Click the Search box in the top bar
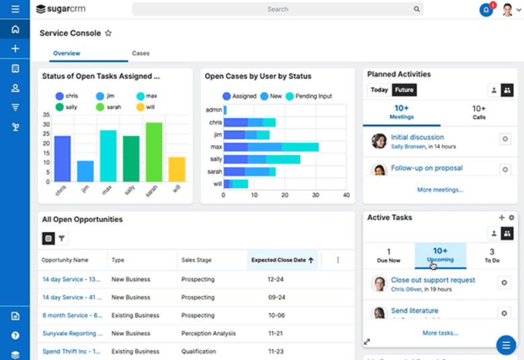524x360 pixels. coord(277,9)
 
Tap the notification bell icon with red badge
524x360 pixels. coord(485,10)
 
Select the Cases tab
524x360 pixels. coord(141,53)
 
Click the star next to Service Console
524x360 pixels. coord(108,33)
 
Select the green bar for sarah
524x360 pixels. coord(154,152)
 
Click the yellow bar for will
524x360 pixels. coord(177,169)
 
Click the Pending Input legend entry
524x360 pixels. coord(309,96)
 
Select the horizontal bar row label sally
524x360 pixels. coord(216,159)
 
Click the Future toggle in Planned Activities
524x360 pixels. coord(404,90)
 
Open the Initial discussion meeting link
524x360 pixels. coord(417,137)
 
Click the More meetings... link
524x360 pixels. coord(440,190)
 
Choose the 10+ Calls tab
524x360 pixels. coord(478,112)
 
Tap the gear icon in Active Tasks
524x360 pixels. coord(511,218)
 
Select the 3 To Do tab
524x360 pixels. coord(492,255)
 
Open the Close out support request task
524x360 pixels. coord(433,280)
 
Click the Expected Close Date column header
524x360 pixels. coord(282,260)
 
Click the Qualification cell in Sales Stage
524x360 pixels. coord(199,351)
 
